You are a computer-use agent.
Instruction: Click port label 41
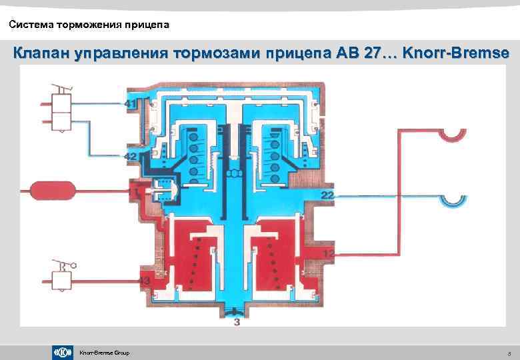pyautogui.click(x=130, y=104)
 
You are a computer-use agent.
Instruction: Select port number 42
pyautogui.click(x=130, y=155)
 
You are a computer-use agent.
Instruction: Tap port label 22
pyautogui.click(x=328, y=195)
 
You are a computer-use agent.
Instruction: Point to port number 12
pyautogui.click(x=329, y=253)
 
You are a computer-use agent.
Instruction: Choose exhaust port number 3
pyautogui.click(x=236, y=323)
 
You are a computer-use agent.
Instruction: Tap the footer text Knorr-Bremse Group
pyautogui.click(x=104, y=353)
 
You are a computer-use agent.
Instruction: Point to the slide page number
pyautogui.click(x=509, y=353)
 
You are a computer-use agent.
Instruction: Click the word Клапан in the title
pyautogui.click(x=40, y=51)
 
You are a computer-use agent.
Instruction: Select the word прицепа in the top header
pyautogui.click(x=150, y=25)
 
